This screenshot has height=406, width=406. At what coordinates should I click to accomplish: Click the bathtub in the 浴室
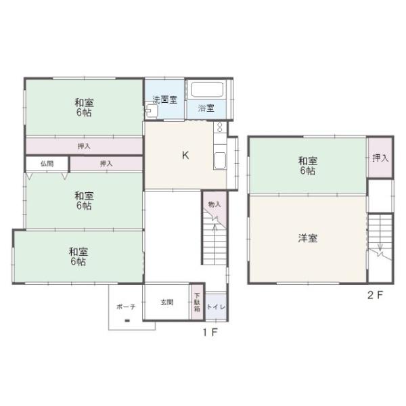click(207, 89)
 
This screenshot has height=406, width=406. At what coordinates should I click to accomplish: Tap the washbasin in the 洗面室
click(151, 110)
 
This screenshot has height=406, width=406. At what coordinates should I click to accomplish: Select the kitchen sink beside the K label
click(220, 161)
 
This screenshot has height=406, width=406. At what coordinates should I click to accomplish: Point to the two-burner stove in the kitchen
click(220, 127)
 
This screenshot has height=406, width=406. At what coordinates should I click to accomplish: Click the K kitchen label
click(185, 156)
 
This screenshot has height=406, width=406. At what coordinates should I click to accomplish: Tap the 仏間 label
click(47, 164)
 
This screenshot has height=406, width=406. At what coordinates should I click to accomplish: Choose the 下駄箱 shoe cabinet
click(198, 302)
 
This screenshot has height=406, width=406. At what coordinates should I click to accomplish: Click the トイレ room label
click(217, 307)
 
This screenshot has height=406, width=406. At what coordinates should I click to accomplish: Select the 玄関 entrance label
click(166, 302)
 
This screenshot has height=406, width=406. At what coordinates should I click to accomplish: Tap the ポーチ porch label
click(126, 307)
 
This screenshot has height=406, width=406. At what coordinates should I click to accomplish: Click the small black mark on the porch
click(127, 321)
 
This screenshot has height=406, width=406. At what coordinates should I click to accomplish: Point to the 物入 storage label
click(215, 204)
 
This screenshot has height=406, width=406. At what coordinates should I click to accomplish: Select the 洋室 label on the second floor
click(308, 238)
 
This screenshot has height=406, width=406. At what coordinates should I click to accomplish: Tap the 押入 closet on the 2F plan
click(380, 158)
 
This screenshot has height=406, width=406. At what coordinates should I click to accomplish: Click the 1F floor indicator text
click(210, 332)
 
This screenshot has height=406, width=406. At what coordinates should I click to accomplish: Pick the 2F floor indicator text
click(375, 295)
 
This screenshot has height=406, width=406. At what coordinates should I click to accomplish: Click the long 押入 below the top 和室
click(84, 146)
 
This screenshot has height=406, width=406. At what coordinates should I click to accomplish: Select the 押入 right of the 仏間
click(106, 164)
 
